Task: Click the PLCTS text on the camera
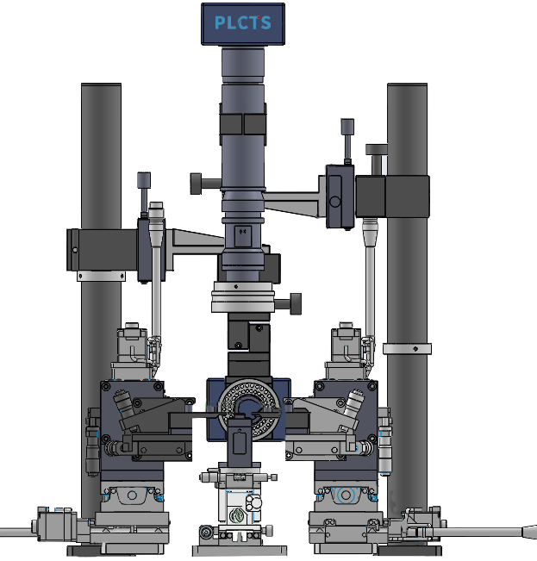(242, 22)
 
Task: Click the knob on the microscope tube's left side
(205, 184)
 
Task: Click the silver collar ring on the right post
(407, 349)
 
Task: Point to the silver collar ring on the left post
(101, 276)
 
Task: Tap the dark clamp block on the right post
(392, 196)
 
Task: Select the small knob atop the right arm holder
(347, 140)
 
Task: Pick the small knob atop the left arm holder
(144, 194)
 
